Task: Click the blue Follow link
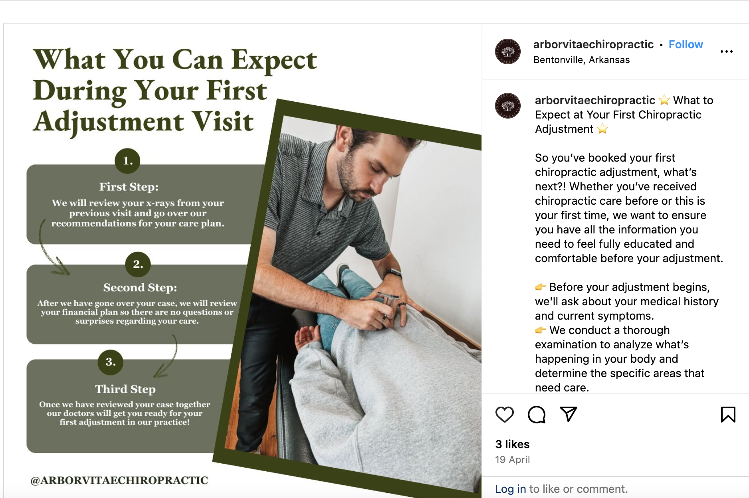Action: (x=686, y=45)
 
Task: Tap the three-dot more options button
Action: (x=726, y=51)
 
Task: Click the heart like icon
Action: (x=504, y=414)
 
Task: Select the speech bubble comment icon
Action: (x=536, y=414)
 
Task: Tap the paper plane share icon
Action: (x=568, y=414)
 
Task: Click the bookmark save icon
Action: (x=728, y=414)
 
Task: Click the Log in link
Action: (x=510, y=489)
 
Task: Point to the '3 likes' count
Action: (x=512, y=444)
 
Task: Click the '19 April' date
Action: (x=512, y=460)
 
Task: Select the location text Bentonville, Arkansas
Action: (x=581, y=60)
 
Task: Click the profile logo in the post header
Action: (x=508, y=51)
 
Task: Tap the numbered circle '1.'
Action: (x=127, y=161)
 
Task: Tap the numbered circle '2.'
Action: (x=138, y=264)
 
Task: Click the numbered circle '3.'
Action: (x=111, y=362)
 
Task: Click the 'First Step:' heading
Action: (x=129, y=187)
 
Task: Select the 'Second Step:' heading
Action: (x=140, y=287)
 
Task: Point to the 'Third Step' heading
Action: (x=125, y=389)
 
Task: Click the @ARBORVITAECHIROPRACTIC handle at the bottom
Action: (x=119, y=480)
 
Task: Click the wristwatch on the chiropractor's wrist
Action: (x=393, y=273)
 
